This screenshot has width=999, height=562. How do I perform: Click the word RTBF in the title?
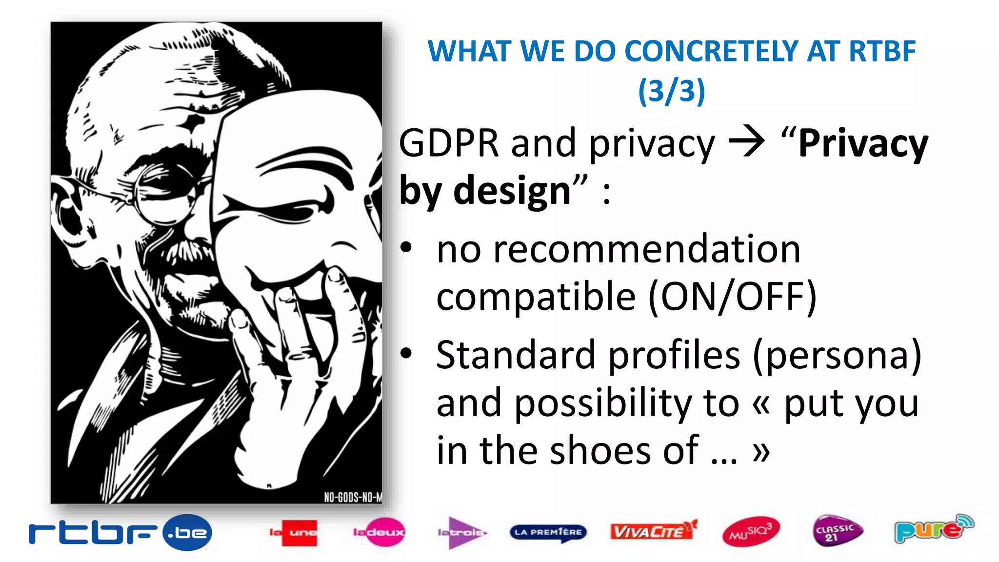coord(882,51)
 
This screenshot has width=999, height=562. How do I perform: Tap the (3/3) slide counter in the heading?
coord(672,91)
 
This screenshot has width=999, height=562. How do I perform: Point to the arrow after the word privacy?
coord(746,142)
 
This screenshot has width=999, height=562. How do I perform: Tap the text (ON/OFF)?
coord(732,296)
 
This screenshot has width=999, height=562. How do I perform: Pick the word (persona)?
coord(837,355)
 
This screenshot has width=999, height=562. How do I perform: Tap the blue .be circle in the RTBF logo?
coord(187,532)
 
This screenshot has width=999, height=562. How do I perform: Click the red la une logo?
coord(293,532)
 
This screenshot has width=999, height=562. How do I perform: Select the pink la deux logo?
coord(379,532)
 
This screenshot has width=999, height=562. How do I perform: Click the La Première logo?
coord(548,532)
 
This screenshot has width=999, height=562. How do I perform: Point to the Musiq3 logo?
coord(751,532)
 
